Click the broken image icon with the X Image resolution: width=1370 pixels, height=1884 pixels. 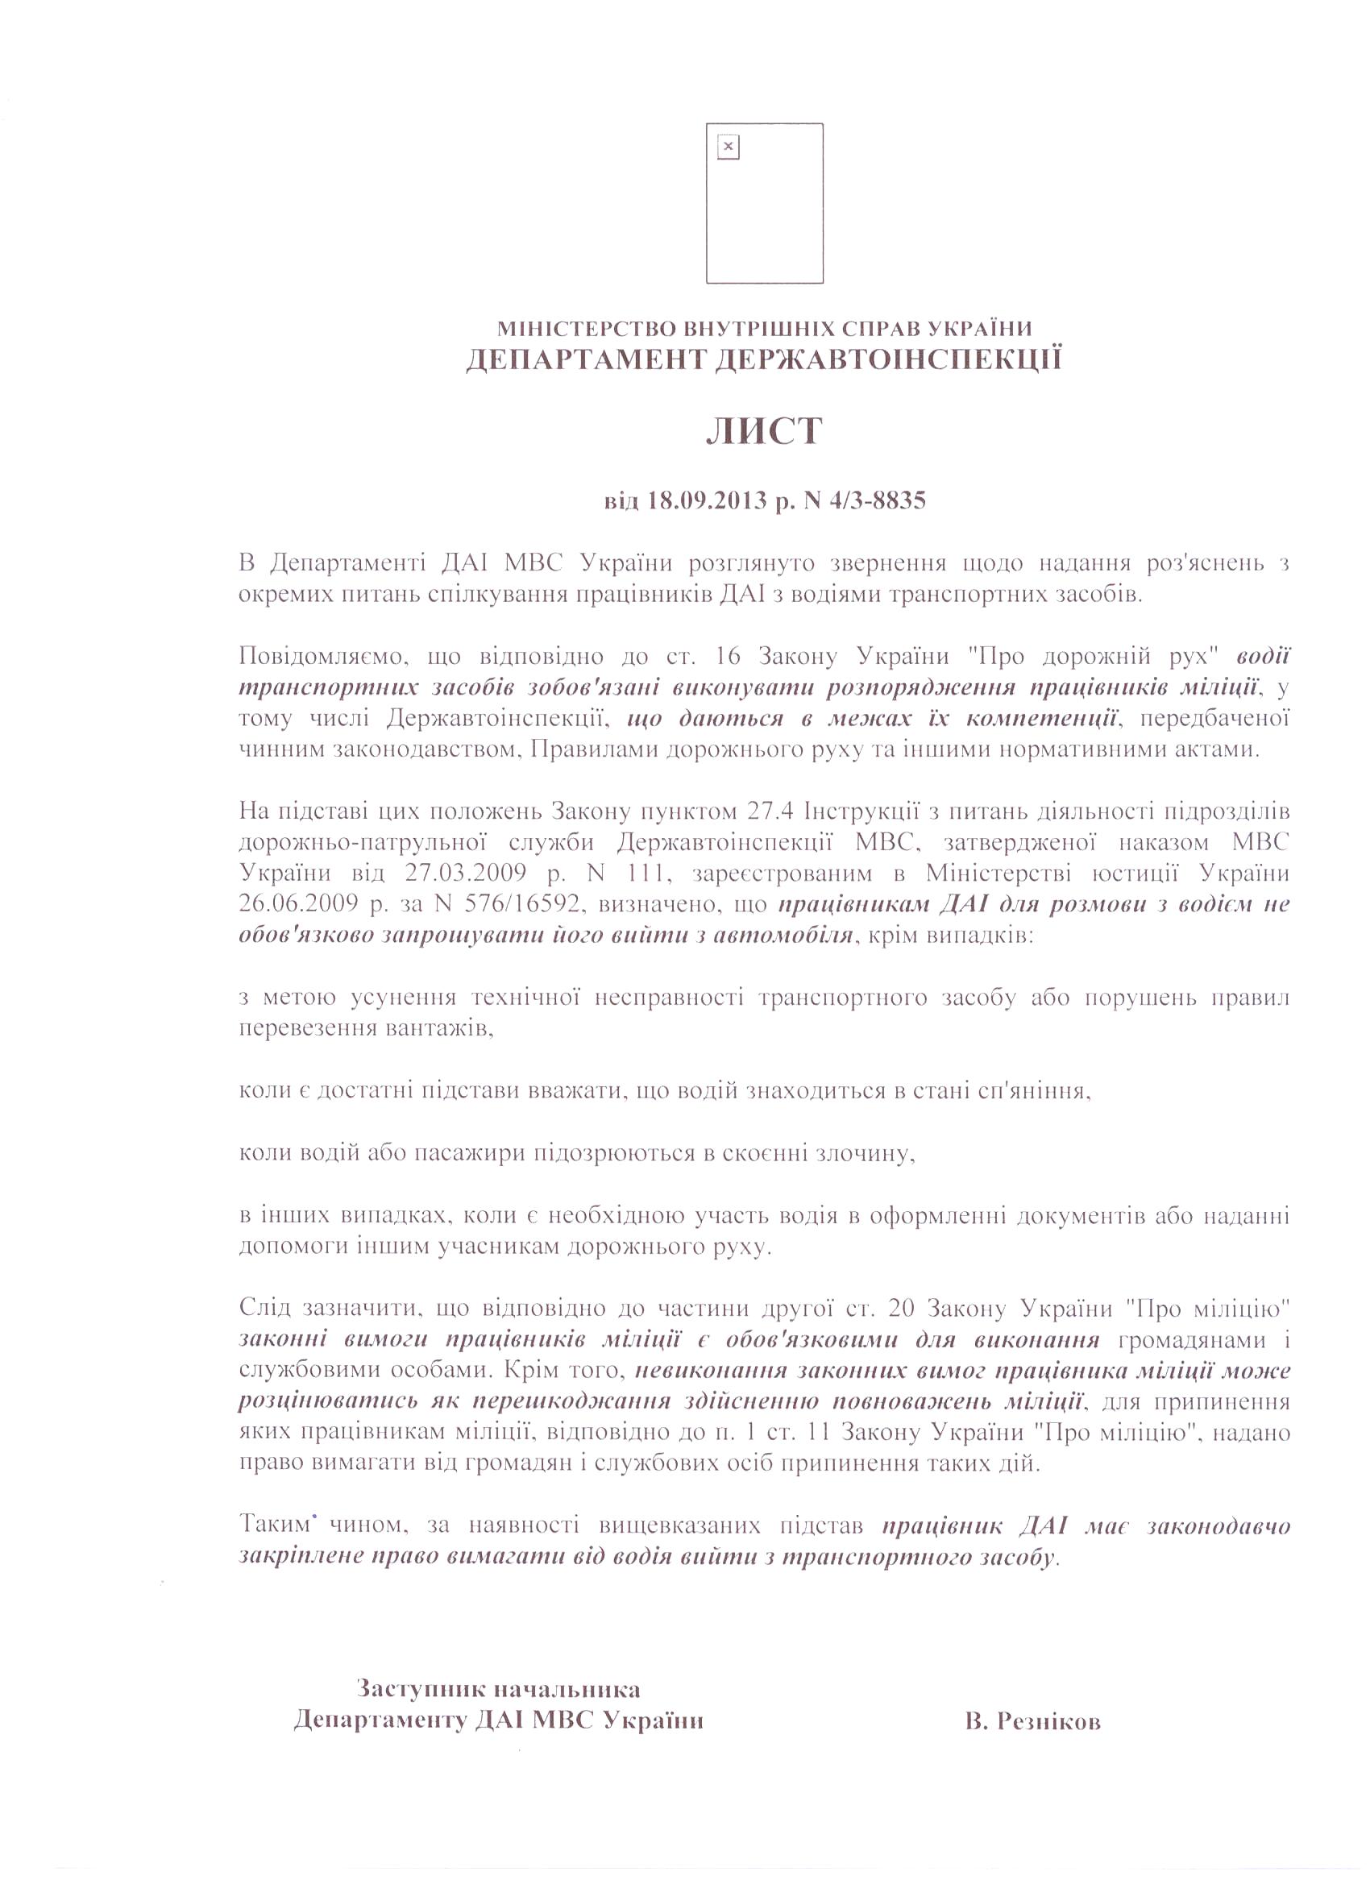(x=728, y=147)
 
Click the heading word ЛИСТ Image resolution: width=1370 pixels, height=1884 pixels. (x=763, y=432)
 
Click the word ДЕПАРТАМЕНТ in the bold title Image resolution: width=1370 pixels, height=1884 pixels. (x=585, y=359)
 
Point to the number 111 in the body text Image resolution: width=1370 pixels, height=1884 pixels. (x=650, y=873)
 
